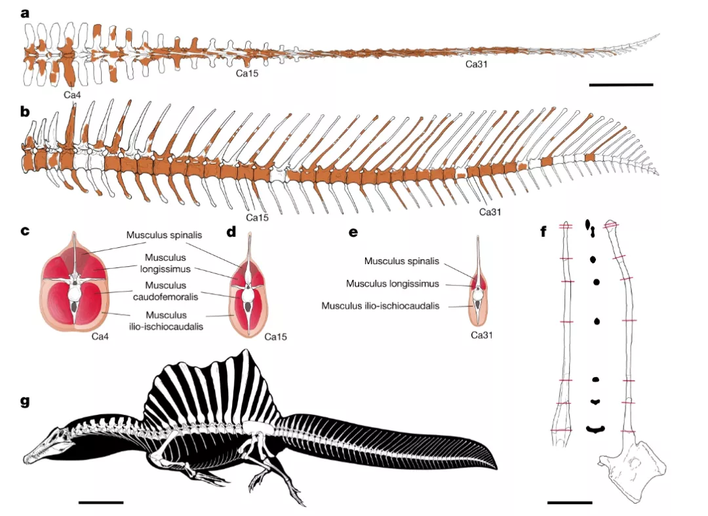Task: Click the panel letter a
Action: point(26,13)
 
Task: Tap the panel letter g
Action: point(26,401)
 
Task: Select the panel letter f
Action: point(544,231)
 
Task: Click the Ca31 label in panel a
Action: point(477,64)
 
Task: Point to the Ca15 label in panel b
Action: point(257,218)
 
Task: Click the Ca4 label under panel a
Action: point(72,95)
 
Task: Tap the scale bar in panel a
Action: point(621,85)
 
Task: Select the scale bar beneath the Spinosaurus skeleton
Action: point(101,502)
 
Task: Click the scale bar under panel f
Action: point(570,502)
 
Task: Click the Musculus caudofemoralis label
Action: point(166,290)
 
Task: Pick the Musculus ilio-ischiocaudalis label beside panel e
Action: point(380,306)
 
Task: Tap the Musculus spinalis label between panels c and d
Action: point(164,235)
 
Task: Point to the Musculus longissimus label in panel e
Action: point(393,283)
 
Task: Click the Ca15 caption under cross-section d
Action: point(275,337)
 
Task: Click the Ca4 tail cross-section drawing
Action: point(75,283)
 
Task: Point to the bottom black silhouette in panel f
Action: point(595,429)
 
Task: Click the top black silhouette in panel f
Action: point(590,228)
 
